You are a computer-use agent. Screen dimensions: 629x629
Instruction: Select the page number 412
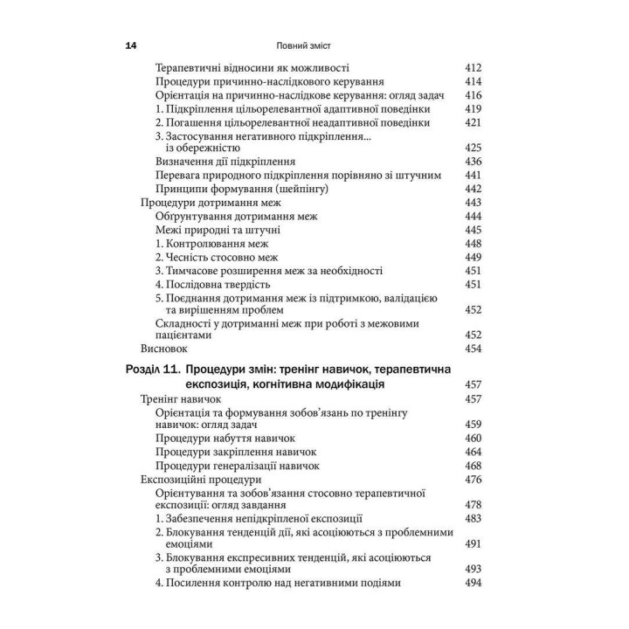click(473, 67)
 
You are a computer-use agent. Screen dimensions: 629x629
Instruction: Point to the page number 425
click(473, 148)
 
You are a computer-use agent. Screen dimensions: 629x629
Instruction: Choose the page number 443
click(473, 202)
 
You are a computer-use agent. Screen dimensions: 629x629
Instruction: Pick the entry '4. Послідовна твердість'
click(214, 284)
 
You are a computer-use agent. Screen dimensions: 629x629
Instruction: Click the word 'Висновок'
click(165, 349)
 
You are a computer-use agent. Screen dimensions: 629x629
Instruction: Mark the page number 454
click(473, 349)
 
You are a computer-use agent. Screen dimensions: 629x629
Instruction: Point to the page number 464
click(473, 451)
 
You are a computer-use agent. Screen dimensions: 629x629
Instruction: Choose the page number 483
click(473, 519)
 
